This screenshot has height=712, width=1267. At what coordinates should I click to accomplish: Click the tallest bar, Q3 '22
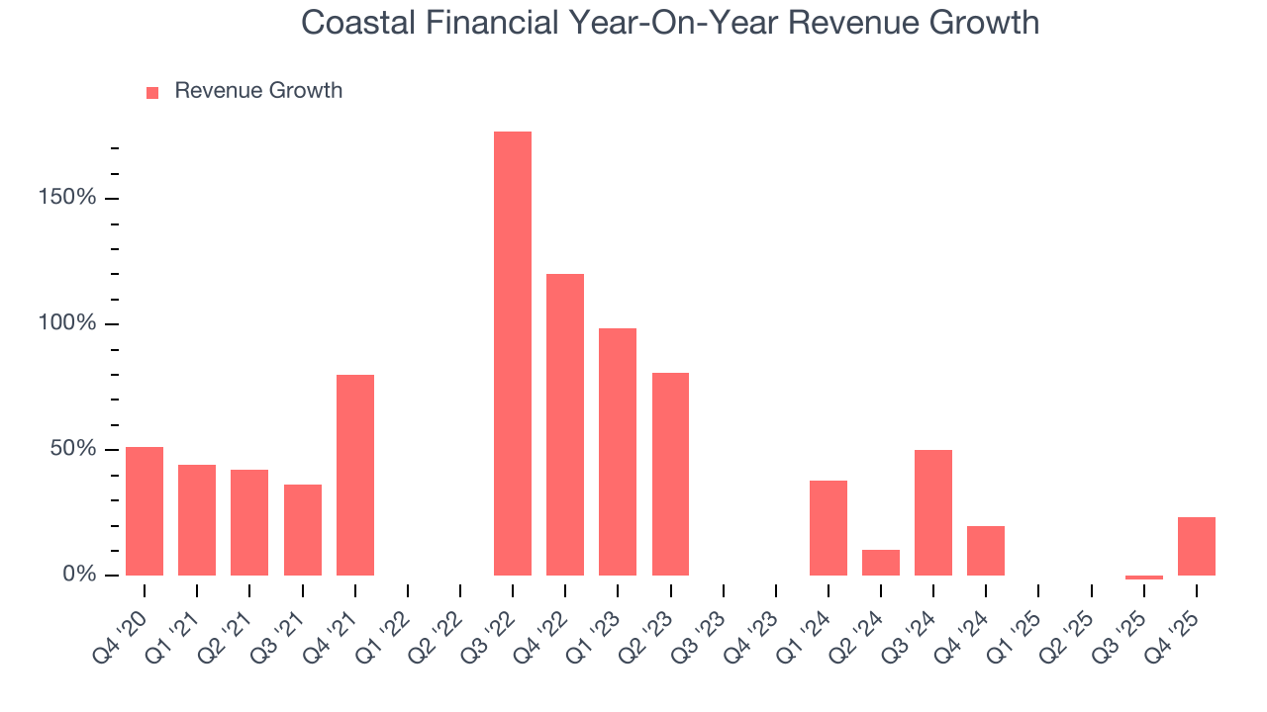(x=513, y=353)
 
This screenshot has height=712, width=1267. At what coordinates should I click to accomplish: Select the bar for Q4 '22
(x=565, y=424)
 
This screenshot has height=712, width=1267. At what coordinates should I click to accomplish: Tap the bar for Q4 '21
(x=355, y=475)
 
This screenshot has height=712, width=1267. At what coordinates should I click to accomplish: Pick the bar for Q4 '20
(x=145, y=510)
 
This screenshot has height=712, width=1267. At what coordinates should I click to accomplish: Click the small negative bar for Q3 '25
(x=1144, y=578)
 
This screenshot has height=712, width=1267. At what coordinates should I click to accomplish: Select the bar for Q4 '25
(x=1197, y=546)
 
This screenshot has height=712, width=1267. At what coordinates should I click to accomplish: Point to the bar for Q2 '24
(x=881, y=562)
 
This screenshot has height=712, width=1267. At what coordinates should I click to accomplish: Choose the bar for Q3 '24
(x=933, y=512)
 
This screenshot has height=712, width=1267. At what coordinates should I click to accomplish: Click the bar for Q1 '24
(x=828, y=527)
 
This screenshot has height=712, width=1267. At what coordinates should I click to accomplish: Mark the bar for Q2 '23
(x=670, y=474)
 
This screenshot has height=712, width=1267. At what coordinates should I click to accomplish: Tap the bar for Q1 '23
(x=618, y=451)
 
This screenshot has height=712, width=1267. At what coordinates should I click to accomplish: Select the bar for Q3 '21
(x=303, y=529)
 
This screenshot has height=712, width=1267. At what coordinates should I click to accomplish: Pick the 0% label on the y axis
(x=79, y=575)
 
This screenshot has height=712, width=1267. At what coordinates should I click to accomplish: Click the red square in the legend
(x=152, y=92)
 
